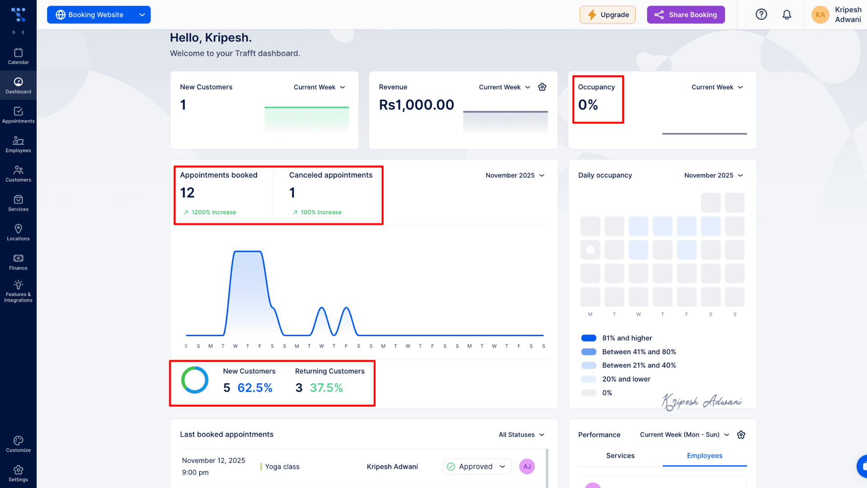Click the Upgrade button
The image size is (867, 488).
pyautogui.click(x=607, y=14)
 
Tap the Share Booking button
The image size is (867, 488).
pyautogui.click(x=685, y=14)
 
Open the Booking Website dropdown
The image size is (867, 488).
pyautogui.click(x=99, y=14)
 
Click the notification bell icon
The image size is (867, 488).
pyautogui.click(x=787, y=14)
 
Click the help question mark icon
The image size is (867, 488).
pyautogui.click(x=761, y=14)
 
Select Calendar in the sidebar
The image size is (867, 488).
pyautogui.click(x=18, y=56)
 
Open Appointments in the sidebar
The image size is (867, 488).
pyautogui.click(x=18, y=115)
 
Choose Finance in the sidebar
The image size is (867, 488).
pyautogui.click(x=18, y=262)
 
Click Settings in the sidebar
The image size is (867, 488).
pyautogui.click(x=18, y=474)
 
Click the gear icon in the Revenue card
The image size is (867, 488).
pyautogui.click(x=542, y=87)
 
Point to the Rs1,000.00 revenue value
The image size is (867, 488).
pyautogui.click(x=416, y=105)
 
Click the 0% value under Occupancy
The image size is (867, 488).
pyautogui.click(x=588, y=105)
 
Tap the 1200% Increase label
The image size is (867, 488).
pyautogui.click(x=214, y=212)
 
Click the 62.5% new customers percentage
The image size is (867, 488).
pyautogui.click(x=255, y=388)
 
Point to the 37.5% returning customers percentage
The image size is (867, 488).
pyautogui.click(x=326, y=388)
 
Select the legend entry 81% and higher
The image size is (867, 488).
pyautogui.click(x=627, y=338)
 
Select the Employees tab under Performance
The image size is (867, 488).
pyautogui.click(x=704, y=455)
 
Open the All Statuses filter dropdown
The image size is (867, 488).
pyautogui.click(x=522, y=435)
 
